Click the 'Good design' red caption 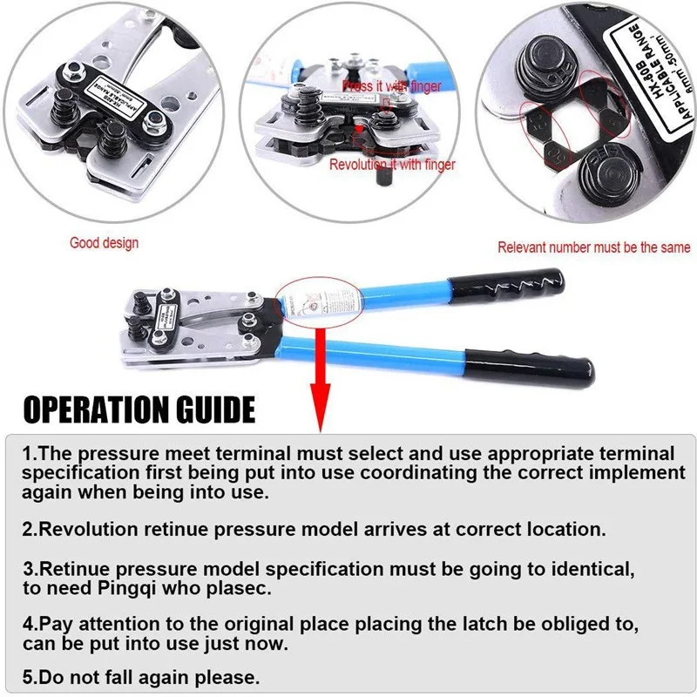click(104, 243)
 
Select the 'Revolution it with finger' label click(391, 164)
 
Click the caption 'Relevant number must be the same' click(593, 247)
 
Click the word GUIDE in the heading click(219, 409)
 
